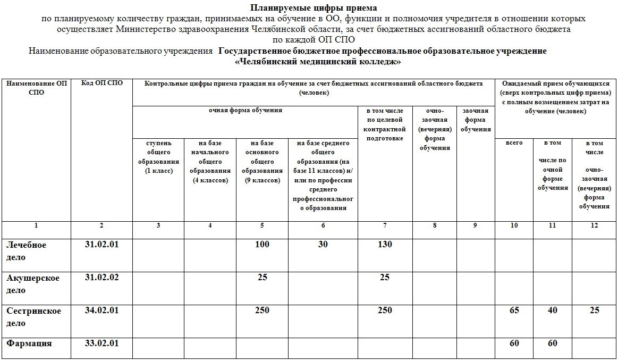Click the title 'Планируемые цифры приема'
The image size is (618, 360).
(314, 8)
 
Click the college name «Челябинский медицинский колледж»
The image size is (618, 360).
(317, 62)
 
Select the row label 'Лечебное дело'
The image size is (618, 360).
(26, 251)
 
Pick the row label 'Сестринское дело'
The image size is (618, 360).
(33, 317)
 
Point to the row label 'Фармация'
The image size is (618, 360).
(29, 344)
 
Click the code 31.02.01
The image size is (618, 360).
(101, 245)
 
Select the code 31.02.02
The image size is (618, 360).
(101, 278)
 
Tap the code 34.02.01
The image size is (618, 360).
(101, 311)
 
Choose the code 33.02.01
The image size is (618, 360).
(101, 344)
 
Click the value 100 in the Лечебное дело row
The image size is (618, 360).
(262, 245)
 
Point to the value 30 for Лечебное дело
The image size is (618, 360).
(323, 245)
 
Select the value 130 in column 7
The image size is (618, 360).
(385, 245)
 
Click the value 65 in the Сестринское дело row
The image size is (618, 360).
(514, 311)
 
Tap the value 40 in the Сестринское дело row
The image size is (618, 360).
(553, 311)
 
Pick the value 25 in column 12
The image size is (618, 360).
(594, 311)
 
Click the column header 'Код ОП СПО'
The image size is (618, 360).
(101, 83)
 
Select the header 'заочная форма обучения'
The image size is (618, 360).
(476, 120)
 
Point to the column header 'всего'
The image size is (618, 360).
(514, 143)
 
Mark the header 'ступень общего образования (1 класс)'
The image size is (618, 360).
(158, 157)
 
